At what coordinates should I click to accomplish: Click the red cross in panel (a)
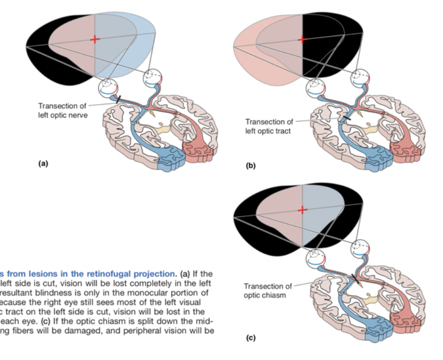(x=95, y=39)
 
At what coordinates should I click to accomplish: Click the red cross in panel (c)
(x=302, y=210)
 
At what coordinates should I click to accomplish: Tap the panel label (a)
(x=43, y=163)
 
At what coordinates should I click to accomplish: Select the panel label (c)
(x=250, y=338)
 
